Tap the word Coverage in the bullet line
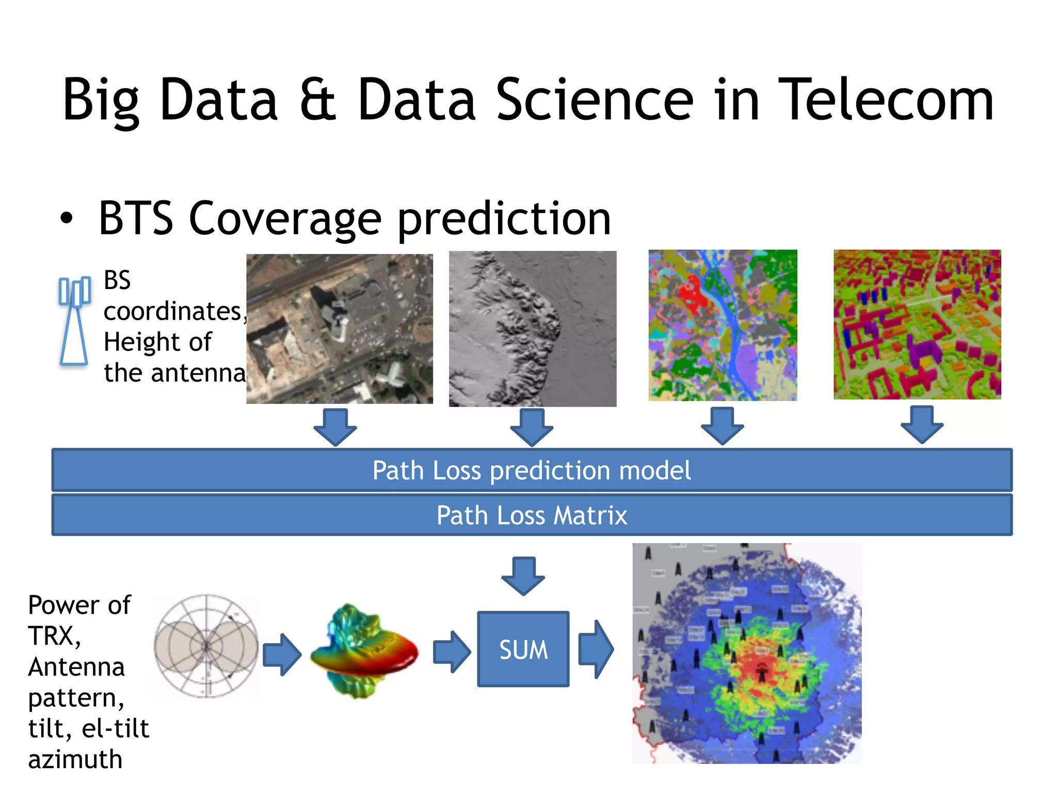[x=285, y=219]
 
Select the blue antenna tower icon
[x=74, y=321]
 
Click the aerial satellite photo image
[x=339, y=328]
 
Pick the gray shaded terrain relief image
[x=532, y=328]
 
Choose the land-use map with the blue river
[x=722, y=325]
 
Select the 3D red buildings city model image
[x=917, y=324]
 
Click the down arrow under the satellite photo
[x=335, y=426]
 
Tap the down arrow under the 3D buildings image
[x=922, y=424]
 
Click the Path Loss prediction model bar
[x=532, y=470]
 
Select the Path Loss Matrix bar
[x=532, y=515]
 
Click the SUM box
[x=523, y=649]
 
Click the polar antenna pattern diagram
[x=206, y=646]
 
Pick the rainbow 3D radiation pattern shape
[x=363, y=652]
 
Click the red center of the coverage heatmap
[x=761, y=666]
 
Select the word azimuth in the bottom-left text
[x=75, y=759]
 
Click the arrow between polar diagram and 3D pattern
[x=282, y=655]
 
